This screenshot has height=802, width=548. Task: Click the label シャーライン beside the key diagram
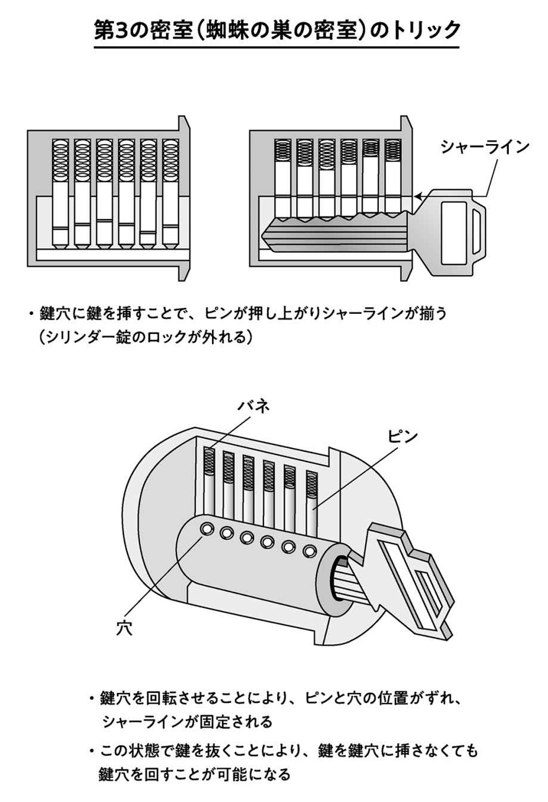pyautogui.click(x=484, y=147)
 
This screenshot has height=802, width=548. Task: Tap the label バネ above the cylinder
pyautogui.click(x=255, y=405)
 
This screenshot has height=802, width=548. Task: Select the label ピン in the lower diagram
pyautogui.click(x=403, y=436)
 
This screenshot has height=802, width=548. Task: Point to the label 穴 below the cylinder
pyautogui.click(x=124, y=628)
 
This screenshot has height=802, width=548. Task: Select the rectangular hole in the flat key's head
pyautogui.click(x=454, y=233)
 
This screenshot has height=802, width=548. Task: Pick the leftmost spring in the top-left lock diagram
pyautogui.click(x=61, y=160)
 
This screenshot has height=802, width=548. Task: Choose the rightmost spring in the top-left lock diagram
pyautogui.click(x=170, y=160)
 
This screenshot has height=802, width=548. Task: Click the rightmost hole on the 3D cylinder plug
pyautogui.click(x=309, y=551)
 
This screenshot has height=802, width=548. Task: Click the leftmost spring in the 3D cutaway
pyautogui.click(x=209, y=462)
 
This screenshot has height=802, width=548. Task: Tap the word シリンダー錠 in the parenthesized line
pyautogui.click(x=93, y=338)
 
